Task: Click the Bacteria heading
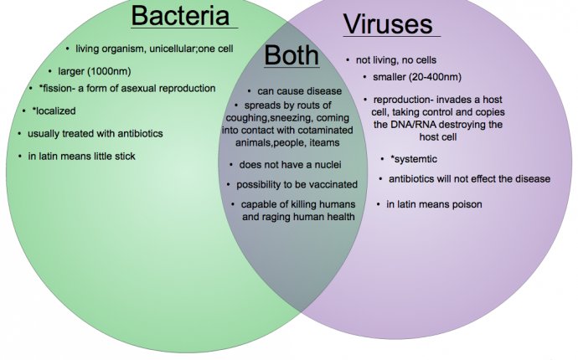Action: point(180,15)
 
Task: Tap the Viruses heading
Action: point(388,24)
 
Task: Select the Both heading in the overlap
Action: point(292,55)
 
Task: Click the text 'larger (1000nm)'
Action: point(95,71)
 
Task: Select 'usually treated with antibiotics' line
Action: point(95,133)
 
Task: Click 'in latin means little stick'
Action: point(81,157)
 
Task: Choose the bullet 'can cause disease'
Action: point(299,91)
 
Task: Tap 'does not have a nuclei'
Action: point(290,165)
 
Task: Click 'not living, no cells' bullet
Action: point(396,60)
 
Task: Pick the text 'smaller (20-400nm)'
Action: point(417,77)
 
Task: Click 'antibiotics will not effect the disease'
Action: point(469,178)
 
